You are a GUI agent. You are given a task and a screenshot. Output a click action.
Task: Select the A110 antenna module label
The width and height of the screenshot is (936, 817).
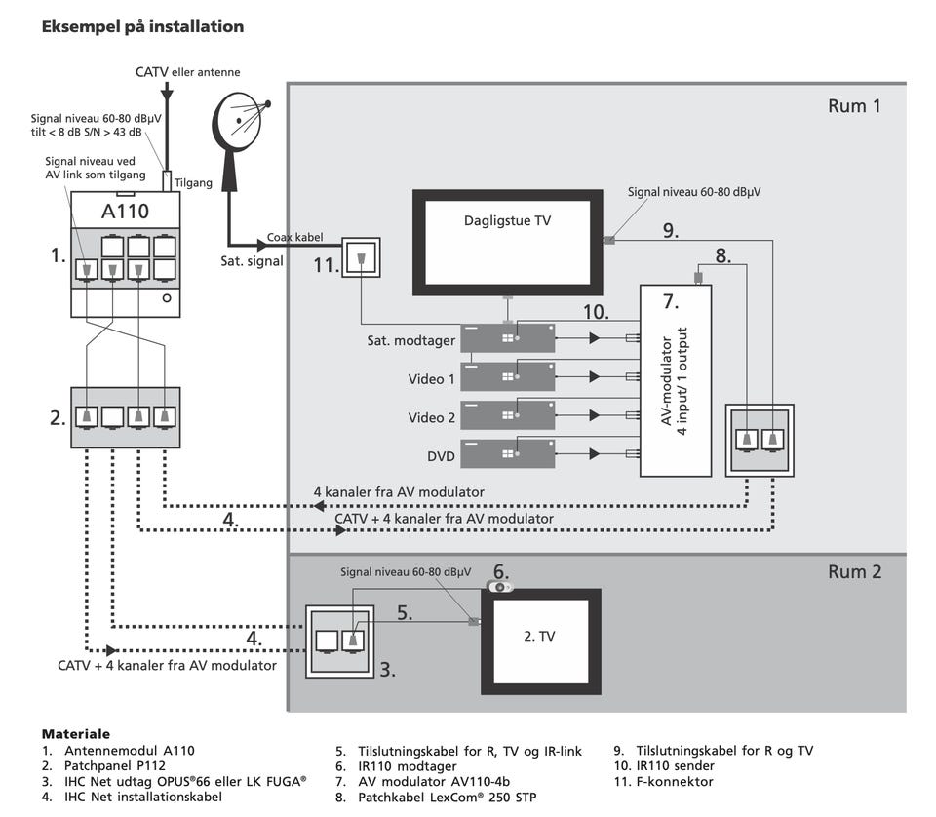coord(125,211)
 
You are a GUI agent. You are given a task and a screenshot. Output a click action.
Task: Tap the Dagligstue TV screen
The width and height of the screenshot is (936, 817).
coord(507,243)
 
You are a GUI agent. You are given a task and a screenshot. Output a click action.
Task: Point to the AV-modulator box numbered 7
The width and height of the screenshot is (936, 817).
coord(675,380)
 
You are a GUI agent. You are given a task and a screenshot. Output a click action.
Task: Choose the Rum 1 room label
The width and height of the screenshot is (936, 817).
coord(854,106)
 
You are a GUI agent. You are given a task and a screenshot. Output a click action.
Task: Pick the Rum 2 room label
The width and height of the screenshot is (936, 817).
coord(854,571)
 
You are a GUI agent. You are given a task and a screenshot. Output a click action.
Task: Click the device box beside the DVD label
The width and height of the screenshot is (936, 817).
coord(507,453)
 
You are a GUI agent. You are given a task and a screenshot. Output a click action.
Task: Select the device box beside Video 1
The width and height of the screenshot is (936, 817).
coord(507,376)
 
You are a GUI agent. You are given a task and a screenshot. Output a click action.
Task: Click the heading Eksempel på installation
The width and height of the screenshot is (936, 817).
coord(142,27)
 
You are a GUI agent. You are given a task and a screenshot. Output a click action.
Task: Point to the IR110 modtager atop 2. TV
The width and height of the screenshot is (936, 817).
coord(499,587)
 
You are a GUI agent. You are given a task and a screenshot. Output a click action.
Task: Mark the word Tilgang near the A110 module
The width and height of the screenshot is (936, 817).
coord(194,182)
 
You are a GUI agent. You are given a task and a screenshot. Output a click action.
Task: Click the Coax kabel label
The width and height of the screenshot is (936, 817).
coord(294,237)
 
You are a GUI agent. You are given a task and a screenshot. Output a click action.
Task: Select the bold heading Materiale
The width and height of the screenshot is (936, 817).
coord(75,733)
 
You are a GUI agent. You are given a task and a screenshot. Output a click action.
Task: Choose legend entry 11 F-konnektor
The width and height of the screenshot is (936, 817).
coord(664,782)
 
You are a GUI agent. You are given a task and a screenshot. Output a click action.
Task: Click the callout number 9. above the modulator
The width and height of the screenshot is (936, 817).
coord(670,231)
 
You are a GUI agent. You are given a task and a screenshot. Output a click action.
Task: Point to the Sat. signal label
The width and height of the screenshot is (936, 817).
coord(253,261)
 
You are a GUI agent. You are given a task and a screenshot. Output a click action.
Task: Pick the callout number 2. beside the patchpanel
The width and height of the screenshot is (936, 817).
coord(58,418)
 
